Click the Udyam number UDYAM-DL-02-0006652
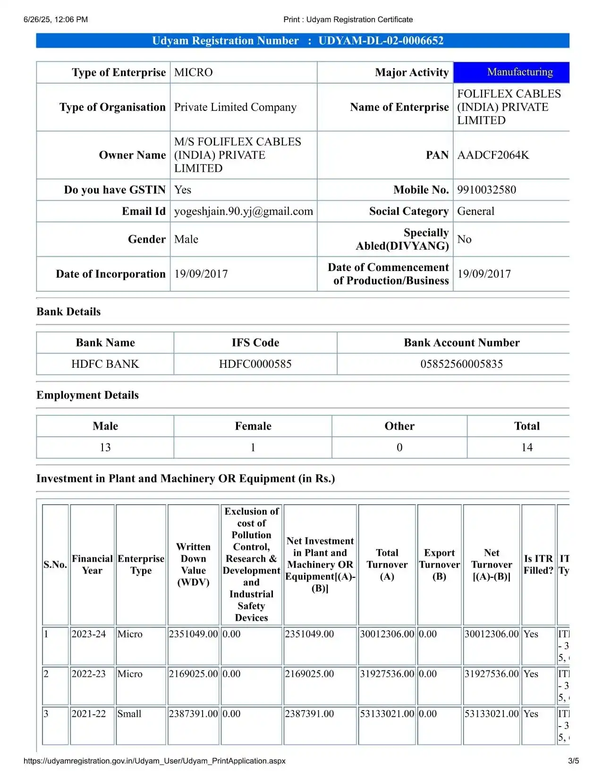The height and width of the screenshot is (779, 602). (x=381, y=41)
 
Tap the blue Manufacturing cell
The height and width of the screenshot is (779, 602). (x=519, y=72)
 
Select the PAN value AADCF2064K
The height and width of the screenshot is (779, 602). (x=492, y=155)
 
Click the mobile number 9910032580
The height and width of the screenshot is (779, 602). (x=486, y=190)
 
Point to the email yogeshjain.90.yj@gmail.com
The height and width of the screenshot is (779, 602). (x=243, y=212)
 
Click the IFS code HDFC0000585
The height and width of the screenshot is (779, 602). (x=255, y=364)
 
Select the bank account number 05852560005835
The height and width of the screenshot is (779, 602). (x=461, y=364)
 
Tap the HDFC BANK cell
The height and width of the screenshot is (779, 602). (x=105, y=364)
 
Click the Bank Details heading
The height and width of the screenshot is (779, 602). (x=68, y=312)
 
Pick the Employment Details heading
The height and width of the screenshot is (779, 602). (x=87, y=395)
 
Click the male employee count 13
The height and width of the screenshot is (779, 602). (x=105, y=448)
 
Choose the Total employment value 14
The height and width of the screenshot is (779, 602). (x=526, y=448)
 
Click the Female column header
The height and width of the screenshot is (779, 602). (x=253, y=426)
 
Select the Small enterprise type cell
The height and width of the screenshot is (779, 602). (x=129, y=714)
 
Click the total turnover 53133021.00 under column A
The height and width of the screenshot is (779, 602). (x=387, y=714)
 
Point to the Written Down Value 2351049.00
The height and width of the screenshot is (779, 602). (x=193, y=634)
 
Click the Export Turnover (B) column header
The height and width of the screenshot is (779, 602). (x=439, y=564)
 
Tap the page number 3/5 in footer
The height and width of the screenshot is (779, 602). (x=573, y=761)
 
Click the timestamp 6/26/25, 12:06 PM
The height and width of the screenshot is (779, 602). (x=56, y=19)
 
